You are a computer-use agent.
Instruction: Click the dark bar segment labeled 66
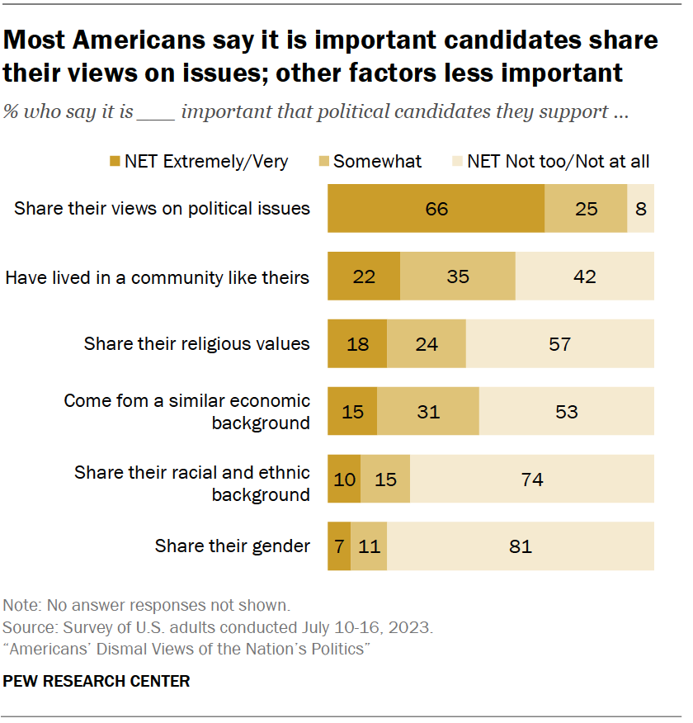(436, 209)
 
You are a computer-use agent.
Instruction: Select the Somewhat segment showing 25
(586, 209)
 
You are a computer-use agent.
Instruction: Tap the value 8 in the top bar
(641, 209)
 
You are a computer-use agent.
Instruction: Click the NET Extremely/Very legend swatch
(114, 162)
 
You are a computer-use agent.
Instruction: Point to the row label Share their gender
(233, 546)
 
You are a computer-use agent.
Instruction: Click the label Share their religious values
(197, 343)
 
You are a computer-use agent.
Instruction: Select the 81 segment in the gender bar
(521, 546)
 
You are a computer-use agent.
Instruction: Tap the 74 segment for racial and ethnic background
(532, 479)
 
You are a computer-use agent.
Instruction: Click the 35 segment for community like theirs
(458, 276)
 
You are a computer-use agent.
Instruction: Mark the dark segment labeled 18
(357, 343)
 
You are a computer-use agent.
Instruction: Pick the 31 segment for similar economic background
(428, 411)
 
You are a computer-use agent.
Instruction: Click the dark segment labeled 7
(339, 546)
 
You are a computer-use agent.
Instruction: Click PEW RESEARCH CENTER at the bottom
(97, 681)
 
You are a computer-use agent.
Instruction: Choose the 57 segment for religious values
(559, 343)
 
